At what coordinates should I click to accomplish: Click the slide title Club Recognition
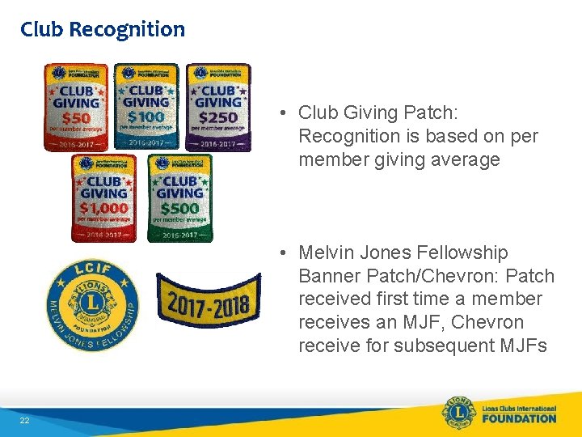[103, 30]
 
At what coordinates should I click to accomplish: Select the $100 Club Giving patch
[146, 106]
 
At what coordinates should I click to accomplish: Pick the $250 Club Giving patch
[218, 107]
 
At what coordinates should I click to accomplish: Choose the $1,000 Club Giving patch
[104, 197]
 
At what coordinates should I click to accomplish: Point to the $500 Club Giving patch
[179, 197]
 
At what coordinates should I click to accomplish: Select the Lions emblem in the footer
[458, 413]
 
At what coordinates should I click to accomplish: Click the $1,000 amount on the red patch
[104, 208]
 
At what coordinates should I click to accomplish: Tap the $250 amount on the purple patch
[218, 119]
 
